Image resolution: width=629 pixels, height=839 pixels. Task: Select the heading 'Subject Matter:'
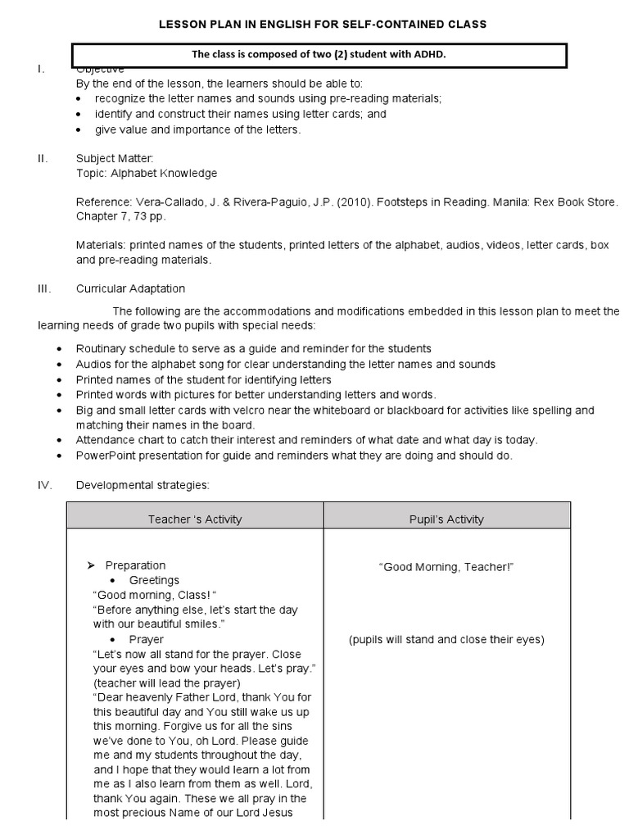click(114, 158)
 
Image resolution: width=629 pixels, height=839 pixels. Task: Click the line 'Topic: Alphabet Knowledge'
click(147, 173)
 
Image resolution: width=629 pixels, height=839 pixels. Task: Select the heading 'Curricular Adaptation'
click(130, 288)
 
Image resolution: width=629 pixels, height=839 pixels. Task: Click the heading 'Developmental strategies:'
click(143, 485)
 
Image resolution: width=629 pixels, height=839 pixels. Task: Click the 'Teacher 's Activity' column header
click(195, 519)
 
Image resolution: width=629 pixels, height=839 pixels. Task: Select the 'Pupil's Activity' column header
click(446, 519)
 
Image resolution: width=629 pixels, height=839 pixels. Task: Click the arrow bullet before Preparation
click(92, 565)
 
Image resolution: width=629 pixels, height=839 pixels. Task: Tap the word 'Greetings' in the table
click(154, 580)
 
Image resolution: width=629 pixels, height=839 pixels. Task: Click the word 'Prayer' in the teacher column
click(146, 639)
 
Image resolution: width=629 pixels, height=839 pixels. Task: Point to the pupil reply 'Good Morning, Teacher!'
click(446, 567)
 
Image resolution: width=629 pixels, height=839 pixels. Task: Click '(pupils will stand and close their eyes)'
click(446, 640)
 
